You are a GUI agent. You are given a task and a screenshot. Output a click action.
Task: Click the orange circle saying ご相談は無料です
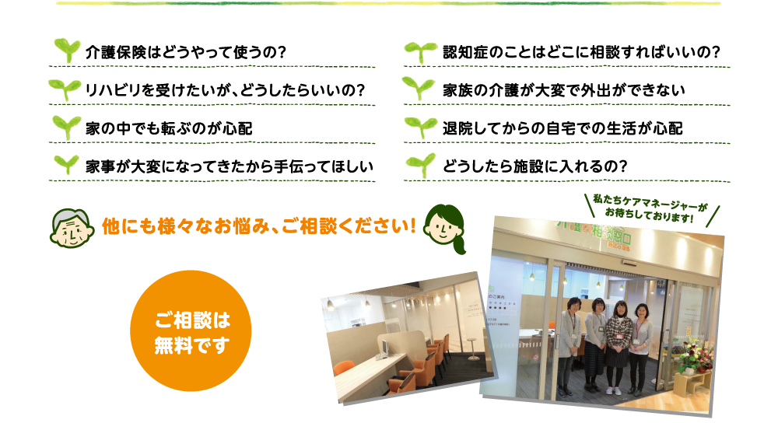(x=191, y=330)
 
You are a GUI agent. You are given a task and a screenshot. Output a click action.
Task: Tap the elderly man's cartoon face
(x=72, y=228)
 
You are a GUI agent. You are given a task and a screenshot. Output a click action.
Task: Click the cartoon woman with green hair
(x=444, y=229)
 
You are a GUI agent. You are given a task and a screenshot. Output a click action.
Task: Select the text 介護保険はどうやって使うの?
(x=186, y=52)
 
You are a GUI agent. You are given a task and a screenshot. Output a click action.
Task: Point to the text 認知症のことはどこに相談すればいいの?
(x=581, y=52)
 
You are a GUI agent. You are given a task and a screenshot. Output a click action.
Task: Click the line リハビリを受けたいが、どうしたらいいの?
(x=226, y=90)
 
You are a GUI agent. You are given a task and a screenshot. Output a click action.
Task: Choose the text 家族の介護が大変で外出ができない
(x=563, y=90)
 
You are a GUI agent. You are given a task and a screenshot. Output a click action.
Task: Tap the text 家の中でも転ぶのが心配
(x=169, y=128)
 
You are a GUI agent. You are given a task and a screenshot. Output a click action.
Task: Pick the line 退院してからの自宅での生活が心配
(x=562, y=128)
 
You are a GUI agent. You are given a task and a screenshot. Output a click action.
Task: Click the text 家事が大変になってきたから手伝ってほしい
(x=230, y=166)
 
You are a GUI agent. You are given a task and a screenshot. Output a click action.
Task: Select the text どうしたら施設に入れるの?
(x=535, y=166)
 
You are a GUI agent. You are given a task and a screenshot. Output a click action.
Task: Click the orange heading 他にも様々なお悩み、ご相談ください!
(x=258, y=226)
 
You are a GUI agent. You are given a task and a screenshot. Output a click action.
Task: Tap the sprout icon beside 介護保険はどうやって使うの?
(x=67, y=51)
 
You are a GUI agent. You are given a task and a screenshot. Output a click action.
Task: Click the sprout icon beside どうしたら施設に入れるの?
(x=421, y=166)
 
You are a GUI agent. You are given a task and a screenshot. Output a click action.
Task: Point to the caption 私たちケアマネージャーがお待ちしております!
(x=650, y=208)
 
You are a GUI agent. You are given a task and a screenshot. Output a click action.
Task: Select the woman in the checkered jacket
(x=618, y=345)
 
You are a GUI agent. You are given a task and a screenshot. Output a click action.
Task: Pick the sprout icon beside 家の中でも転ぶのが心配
(x=66, y=128)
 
